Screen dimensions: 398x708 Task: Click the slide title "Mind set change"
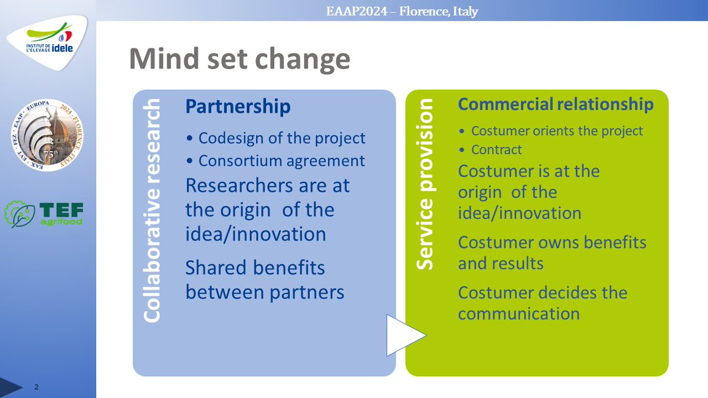click(239, 60)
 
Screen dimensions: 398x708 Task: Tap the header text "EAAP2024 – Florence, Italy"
click(402, 11)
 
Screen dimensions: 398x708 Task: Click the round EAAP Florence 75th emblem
click(47, 136)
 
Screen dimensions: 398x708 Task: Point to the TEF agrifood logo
click(44, 214)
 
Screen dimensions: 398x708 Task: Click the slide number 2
click(37, 387)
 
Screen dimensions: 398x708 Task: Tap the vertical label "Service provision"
click(425, 185)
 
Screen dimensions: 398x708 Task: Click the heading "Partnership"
click(238, 106)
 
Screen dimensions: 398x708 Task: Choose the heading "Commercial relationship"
click(556, 104)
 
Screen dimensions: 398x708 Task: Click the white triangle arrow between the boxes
click(404, 335)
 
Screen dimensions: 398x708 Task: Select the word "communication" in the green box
click(519, 313)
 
